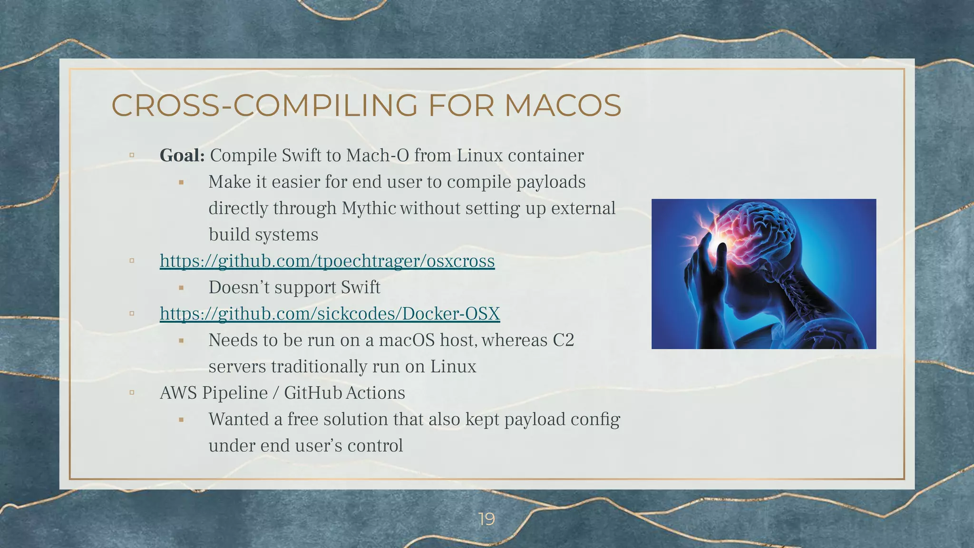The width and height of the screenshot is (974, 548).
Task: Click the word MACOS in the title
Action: [563, 106]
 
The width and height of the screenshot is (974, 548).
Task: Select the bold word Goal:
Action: [182, 156]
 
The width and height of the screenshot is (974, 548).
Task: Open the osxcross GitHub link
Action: [327, 261]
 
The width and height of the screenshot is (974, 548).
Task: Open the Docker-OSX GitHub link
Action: [330, 313]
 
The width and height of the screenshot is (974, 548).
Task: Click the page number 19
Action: [487, 519]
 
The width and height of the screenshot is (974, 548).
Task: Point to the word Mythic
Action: [369, 208]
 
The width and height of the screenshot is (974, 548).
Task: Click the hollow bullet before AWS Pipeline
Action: [132, 393]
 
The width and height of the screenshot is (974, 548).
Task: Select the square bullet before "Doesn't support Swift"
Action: [181, 288]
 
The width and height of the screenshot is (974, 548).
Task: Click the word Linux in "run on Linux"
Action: [453, 367]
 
